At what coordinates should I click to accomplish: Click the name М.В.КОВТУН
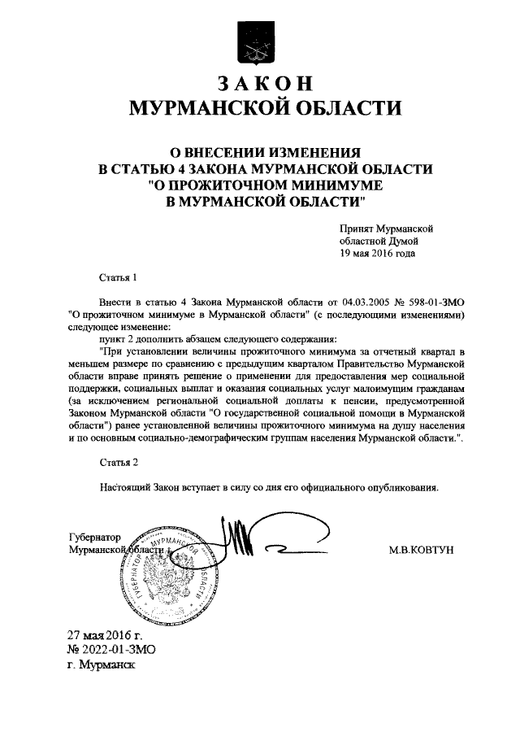point(422,551)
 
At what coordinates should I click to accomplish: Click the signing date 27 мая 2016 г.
point(104,635)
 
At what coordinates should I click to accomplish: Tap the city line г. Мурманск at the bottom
point(102,664)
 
